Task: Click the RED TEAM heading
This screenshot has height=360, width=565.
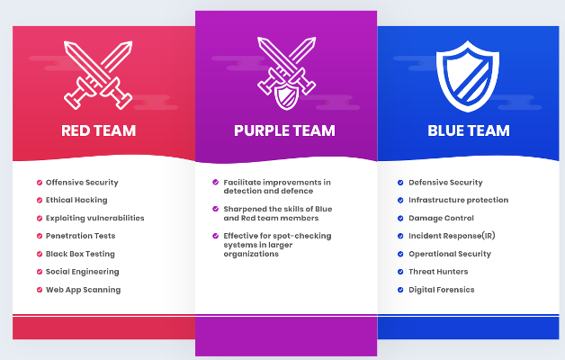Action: pos(99,130)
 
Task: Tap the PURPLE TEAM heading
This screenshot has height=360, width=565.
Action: pos(284,130)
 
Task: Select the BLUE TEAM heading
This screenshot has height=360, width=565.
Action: pos(469,130)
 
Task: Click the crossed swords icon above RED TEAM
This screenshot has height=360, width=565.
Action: pos(98,75)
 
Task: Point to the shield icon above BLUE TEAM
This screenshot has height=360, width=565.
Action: pos(468,76)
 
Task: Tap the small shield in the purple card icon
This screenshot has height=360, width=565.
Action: pos(286,96)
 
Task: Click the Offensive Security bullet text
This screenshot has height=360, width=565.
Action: pos(82,183)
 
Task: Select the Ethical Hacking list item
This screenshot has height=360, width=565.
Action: pos(76,200)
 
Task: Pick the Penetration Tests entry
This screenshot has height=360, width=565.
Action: pos(80,236)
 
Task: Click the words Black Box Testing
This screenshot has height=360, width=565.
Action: pos(80,254)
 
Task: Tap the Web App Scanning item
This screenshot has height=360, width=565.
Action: pos(84,290)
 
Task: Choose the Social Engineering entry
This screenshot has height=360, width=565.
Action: pos(82,272)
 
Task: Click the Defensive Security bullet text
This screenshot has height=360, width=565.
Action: pos(445,183)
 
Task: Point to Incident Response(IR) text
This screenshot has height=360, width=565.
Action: pos(452,236)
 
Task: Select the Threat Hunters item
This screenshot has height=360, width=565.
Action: pos(438,272)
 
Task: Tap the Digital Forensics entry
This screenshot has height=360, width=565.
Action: pos(442,290)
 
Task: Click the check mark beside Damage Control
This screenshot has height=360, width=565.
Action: pos(400,218)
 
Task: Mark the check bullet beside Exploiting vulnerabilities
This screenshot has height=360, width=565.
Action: pos(40,219)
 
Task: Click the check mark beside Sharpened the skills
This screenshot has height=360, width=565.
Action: pos(216,209)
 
